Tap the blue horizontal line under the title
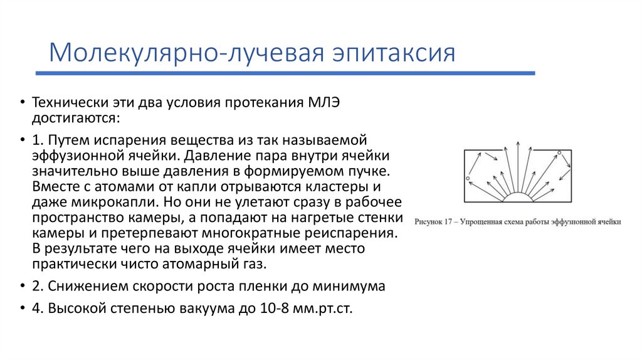click(x=285, y=73)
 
